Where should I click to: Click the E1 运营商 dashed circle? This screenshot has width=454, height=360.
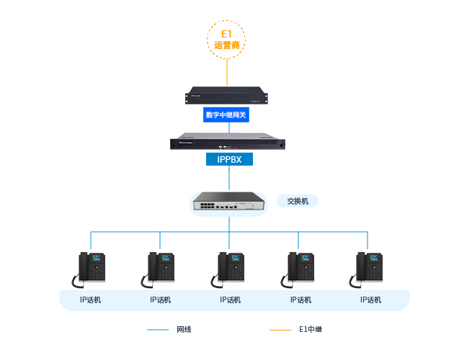(226, 39)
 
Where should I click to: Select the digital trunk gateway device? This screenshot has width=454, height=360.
(227, 94)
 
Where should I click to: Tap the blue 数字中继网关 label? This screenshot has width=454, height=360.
(227, 114)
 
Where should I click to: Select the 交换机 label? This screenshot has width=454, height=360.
(298, 201)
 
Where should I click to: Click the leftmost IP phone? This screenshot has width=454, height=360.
(90, 269)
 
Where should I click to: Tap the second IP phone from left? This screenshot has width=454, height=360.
(159, 269)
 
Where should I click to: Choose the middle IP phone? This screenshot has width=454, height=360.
(230, 269)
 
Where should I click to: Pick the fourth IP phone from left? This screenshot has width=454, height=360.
(300, 269)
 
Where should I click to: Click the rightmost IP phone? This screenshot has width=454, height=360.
(369, 269)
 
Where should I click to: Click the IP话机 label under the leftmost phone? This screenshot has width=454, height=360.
(90, 300)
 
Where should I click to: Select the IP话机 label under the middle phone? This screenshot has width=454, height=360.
(231, 300)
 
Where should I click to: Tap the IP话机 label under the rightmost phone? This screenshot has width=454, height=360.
(370, 300)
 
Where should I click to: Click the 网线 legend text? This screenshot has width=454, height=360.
(184, 330)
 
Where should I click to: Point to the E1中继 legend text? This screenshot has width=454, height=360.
(310, 330)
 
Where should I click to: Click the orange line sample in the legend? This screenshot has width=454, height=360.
(280, 330)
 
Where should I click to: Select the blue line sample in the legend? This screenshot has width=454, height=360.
(158, 330)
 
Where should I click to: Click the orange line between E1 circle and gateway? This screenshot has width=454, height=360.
(227, 72)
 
